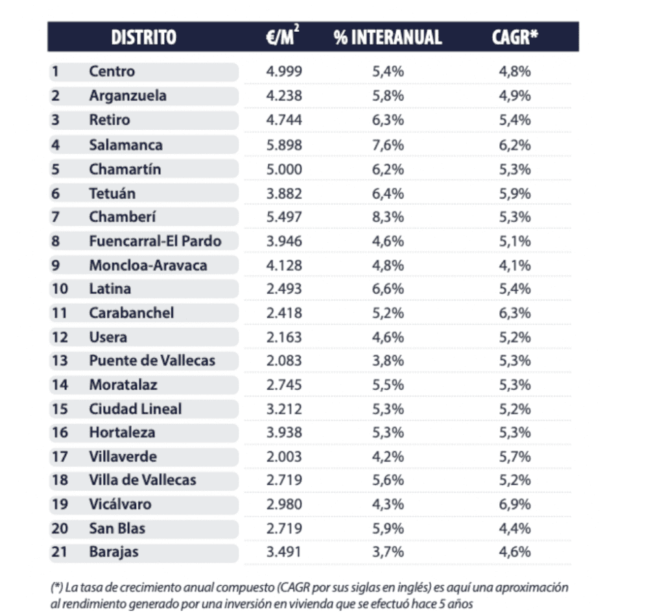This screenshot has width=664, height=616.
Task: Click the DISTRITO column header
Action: click(x=143, y=37)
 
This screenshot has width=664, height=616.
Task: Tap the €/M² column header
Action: click(x=284, y=37)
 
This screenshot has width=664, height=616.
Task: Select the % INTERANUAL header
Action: click(x=388, y=37)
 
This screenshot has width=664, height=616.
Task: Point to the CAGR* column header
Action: click(x=515, y=37)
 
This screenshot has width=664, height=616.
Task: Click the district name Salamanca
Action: click(x=126, y=145)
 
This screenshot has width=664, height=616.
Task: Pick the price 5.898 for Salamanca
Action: click(x=284, y=145)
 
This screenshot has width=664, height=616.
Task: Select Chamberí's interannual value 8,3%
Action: click(x=388, y=217)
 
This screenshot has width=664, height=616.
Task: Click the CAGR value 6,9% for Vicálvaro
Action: click(x=515, y=504)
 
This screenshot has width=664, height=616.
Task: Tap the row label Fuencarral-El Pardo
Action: click(x=155, y=241)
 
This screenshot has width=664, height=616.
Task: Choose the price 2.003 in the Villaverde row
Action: click(x=284, y=456)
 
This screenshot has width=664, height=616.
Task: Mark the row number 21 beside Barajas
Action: click(x=59, y=552)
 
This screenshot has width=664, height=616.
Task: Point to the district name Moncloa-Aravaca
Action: click(x=148, y=265)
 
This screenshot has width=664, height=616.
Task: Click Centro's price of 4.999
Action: click(x=284, y=71)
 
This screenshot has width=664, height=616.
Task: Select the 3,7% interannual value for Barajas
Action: click(x=388, y=552)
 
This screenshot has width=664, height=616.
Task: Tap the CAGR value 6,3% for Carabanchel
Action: click(x=515, y=313)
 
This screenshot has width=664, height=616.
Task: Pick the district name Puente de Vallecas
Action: click(x=152, y=360)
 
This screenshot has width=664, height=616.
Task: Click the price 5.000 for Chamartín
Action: click(x=284, y=169)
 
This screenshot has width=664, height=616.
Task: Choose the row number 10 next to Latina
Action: click(x=59, y=289)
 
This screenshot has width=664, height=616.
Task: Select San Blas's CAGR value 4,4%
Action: click(x=515, y=528)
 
